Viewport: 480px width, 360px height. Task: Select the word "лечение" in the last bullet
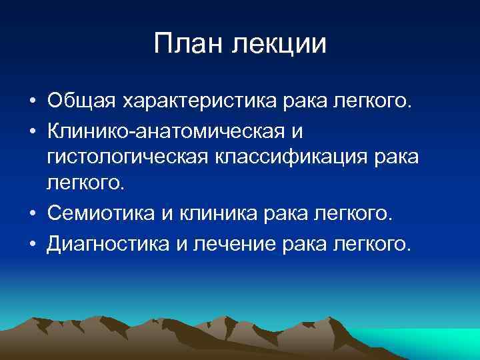(x=233, y=243)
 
